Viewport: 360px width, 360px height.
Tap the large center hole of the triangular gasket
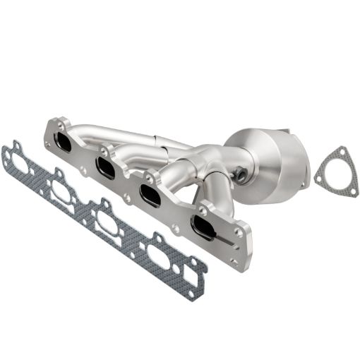tap(330, 174)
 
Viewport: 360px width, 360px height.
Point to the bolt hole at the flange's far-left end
tap(48, 144)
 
